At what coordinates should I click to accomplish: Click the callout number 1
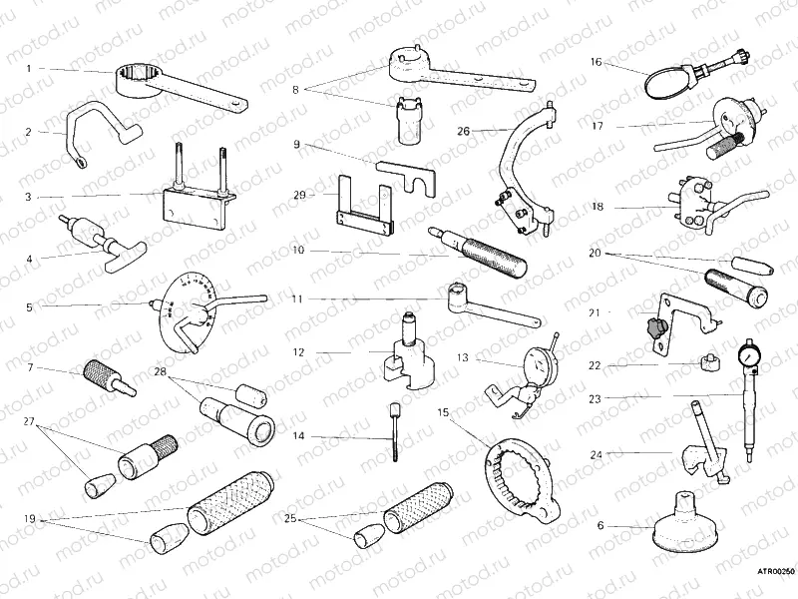tap(29, 68)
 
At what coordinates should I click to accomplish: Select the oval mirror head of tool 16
tap(667, 82)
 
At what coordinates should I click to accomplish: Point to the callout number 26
tap(462, 130)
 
